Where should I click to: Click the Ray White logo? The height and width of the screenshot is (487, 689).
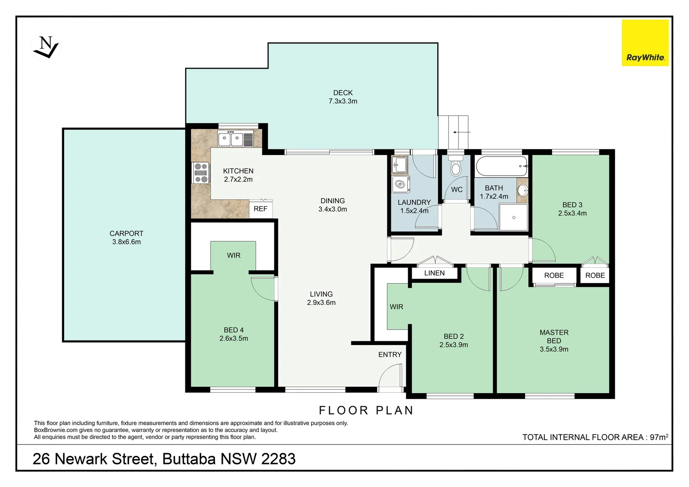tap(645, 43)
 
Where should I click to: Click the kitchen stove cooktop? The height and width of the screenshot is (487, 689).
tap(201, 173)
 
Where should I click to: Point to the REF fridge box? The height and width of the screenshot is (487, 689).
tap(261, 209)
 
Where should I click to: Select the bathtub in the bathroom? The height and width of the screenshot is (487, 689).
tap(501, 166)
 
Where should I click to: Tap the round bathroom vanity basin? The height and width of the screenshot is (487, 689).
tap(522, 190)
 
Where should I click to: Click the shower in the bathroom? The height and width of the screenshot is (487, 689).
tap(514, 217)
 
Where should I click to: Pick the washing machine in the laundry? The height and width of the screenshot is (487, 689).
tap(400, 184)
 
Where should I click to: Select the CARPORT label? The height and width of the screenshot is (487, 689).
tap(126, 234)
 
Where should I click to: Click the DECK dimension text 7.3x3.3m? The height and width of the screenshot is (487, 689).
tap(343, 101)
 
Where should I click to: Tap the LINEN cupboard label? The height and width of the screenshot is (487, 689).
tap(434, 273)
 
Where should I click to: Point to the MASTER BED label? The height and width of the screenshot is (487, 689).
tap(554, 337)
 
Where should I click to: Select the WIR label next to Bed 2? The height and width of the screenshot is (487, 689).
tap(396, 307)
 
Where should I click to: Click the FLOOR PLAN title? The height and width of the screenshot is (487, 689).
tap(366, 410)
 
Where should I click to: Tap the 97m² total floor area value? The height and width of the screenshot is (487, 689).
tap(659, 437)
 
